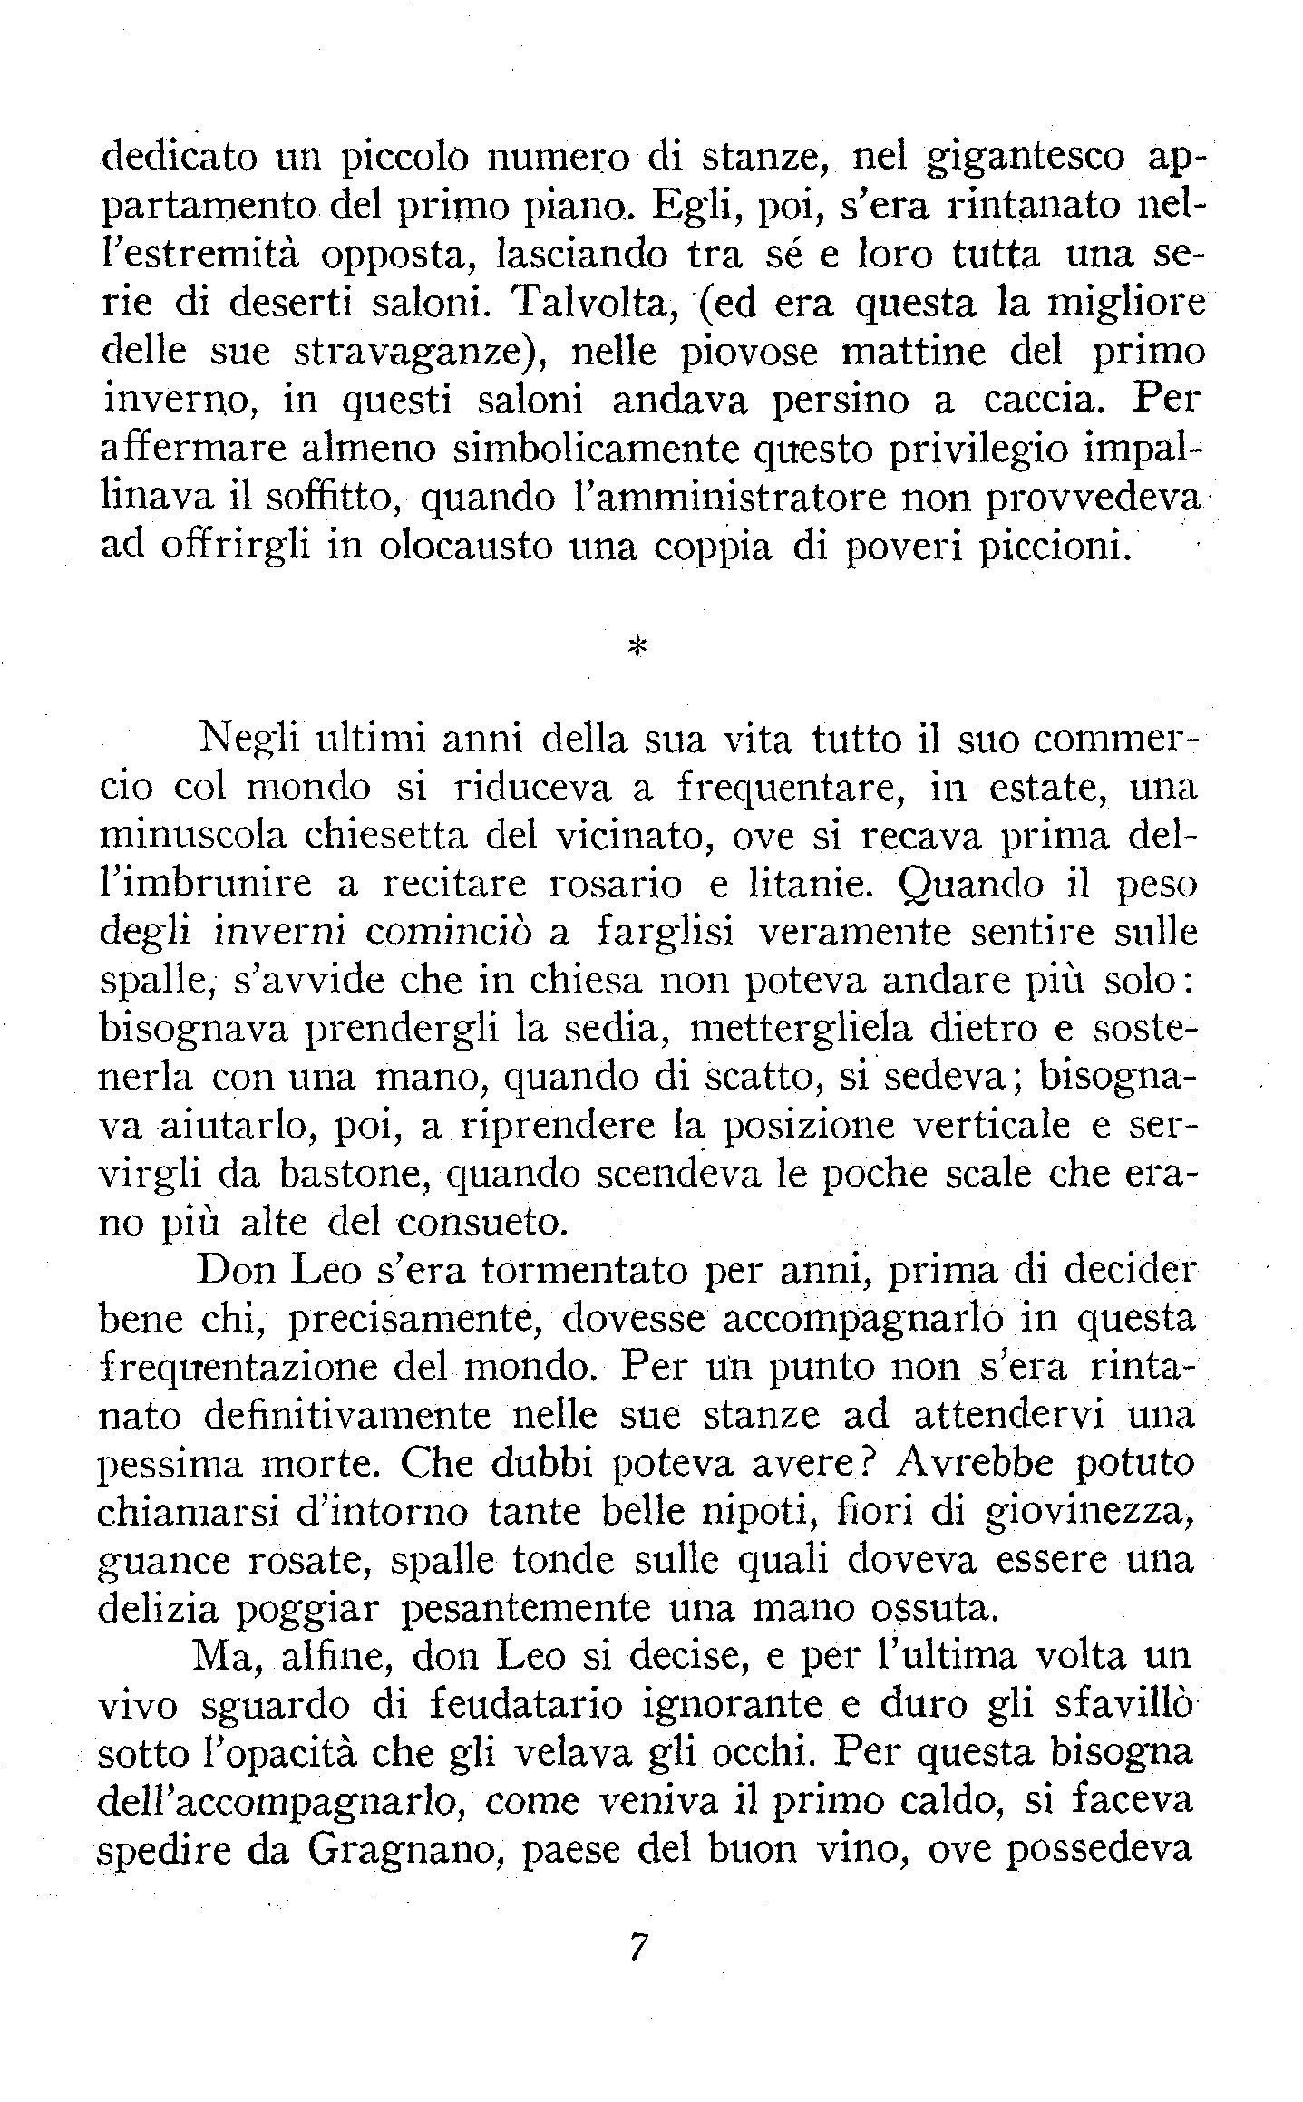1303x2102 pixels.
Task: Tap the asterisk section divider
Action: [636, 646]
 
